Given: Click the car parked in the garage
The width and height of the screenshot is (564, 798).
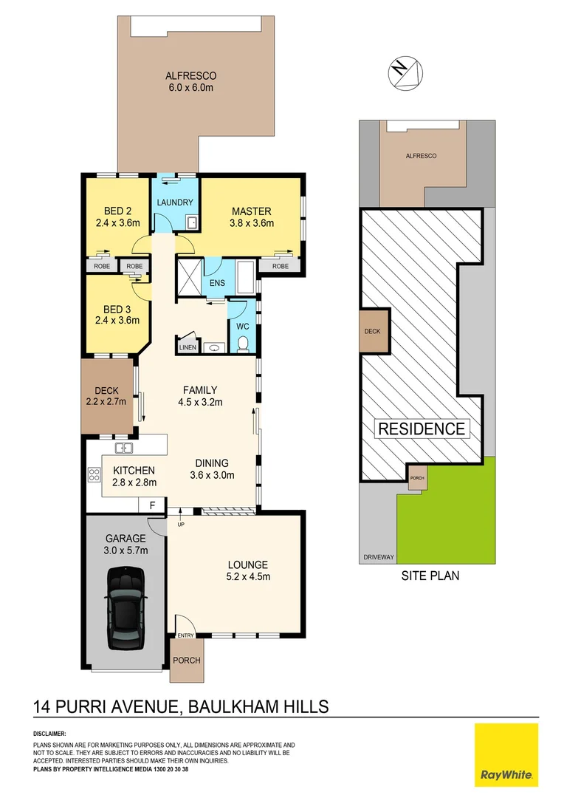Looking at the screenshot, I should click(125, 608).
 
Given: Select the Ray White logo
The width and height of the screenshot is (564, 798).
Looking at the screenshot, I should click(506, 754).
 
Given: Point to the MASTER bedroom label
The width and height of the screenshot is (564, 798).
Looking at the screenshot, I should click(251, 211).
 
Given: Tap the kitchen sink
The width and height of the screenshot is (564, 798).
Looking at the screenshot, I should click(124, 448).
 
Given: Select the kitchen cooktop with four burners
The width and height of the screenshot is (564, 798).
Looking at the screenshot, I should click(94, 476).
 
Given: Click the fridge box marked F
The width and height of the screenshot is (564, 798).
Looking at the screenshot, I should click(152, 506).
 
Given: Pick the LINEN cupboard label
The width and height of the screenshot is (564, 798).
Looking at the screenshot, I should click(188, 347).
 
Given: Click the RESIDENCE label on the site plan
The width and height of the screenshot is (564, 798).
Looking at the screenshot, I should click(422, 429).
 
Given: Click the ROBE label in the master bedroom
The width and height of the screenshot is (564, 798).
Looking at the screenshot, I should click(281, 266).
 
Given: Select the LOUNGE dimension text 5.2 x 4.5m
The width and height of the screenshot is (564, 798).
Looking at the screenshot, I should click(247, 577).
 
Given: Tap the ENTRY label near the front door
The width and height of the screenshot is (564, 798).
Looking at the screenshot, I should click(185, 636).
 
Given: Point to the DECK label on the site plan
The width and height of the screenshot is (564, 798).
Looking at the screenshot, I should click(372, 331).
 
